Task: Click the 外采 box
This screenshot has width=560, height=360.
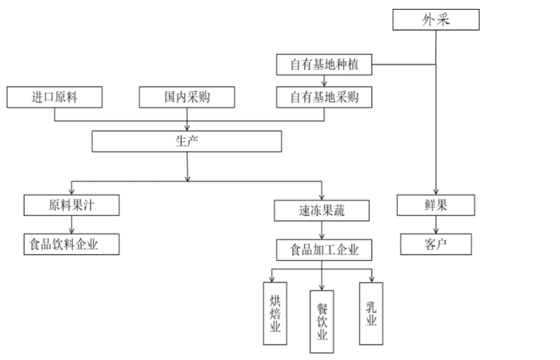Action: pos(436,20)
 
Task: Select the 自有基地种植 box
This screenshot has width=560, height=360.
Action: pos(324,65)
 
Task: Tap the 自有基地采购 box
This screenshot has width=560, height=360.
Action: pos(324,97)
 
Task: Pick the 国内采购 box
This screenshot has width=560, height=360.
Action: pos(187,97)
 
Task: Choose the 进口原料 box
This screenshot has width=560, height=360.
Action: pos(54,97)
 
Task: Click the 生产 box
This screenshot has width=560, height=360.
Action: pos(187,141)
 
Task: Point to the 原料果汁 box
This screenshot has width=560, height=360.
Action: pos(72,205)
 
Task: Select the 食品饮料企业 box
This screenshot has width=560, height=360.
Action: pos(72,244)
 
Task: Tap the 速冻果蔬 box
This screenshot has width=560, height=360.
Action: pos(322,211)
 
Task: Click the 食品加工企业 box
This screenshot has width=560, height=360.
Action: pos(324,250)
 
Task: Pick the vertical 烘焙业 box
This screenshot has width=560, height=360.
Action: pos(275,314)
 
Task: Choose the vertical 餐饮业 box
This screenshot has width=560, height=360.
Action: pos(322,321)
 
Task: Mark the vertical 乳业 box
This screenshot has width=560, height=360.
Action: pos(371,314)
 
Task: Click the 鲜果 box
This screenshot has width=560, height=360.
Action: pos(436,205)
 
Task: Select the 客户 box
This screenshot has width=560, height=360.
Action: pos(436,244)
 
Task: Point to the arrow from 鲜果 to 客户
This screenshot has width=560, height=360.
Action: pos(436,225)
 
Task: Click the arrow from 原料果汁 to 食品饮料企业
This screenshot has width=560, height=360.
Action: pos(72,225)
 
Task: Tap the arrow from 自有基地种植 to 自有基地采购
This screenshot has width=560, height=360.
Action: pos(324,81)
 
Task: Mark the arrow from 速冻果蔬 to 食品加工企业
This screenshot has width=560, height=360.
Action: pos(323,230)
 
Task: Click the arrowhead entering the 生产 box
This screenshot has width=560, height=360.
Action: pos(187,128)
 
